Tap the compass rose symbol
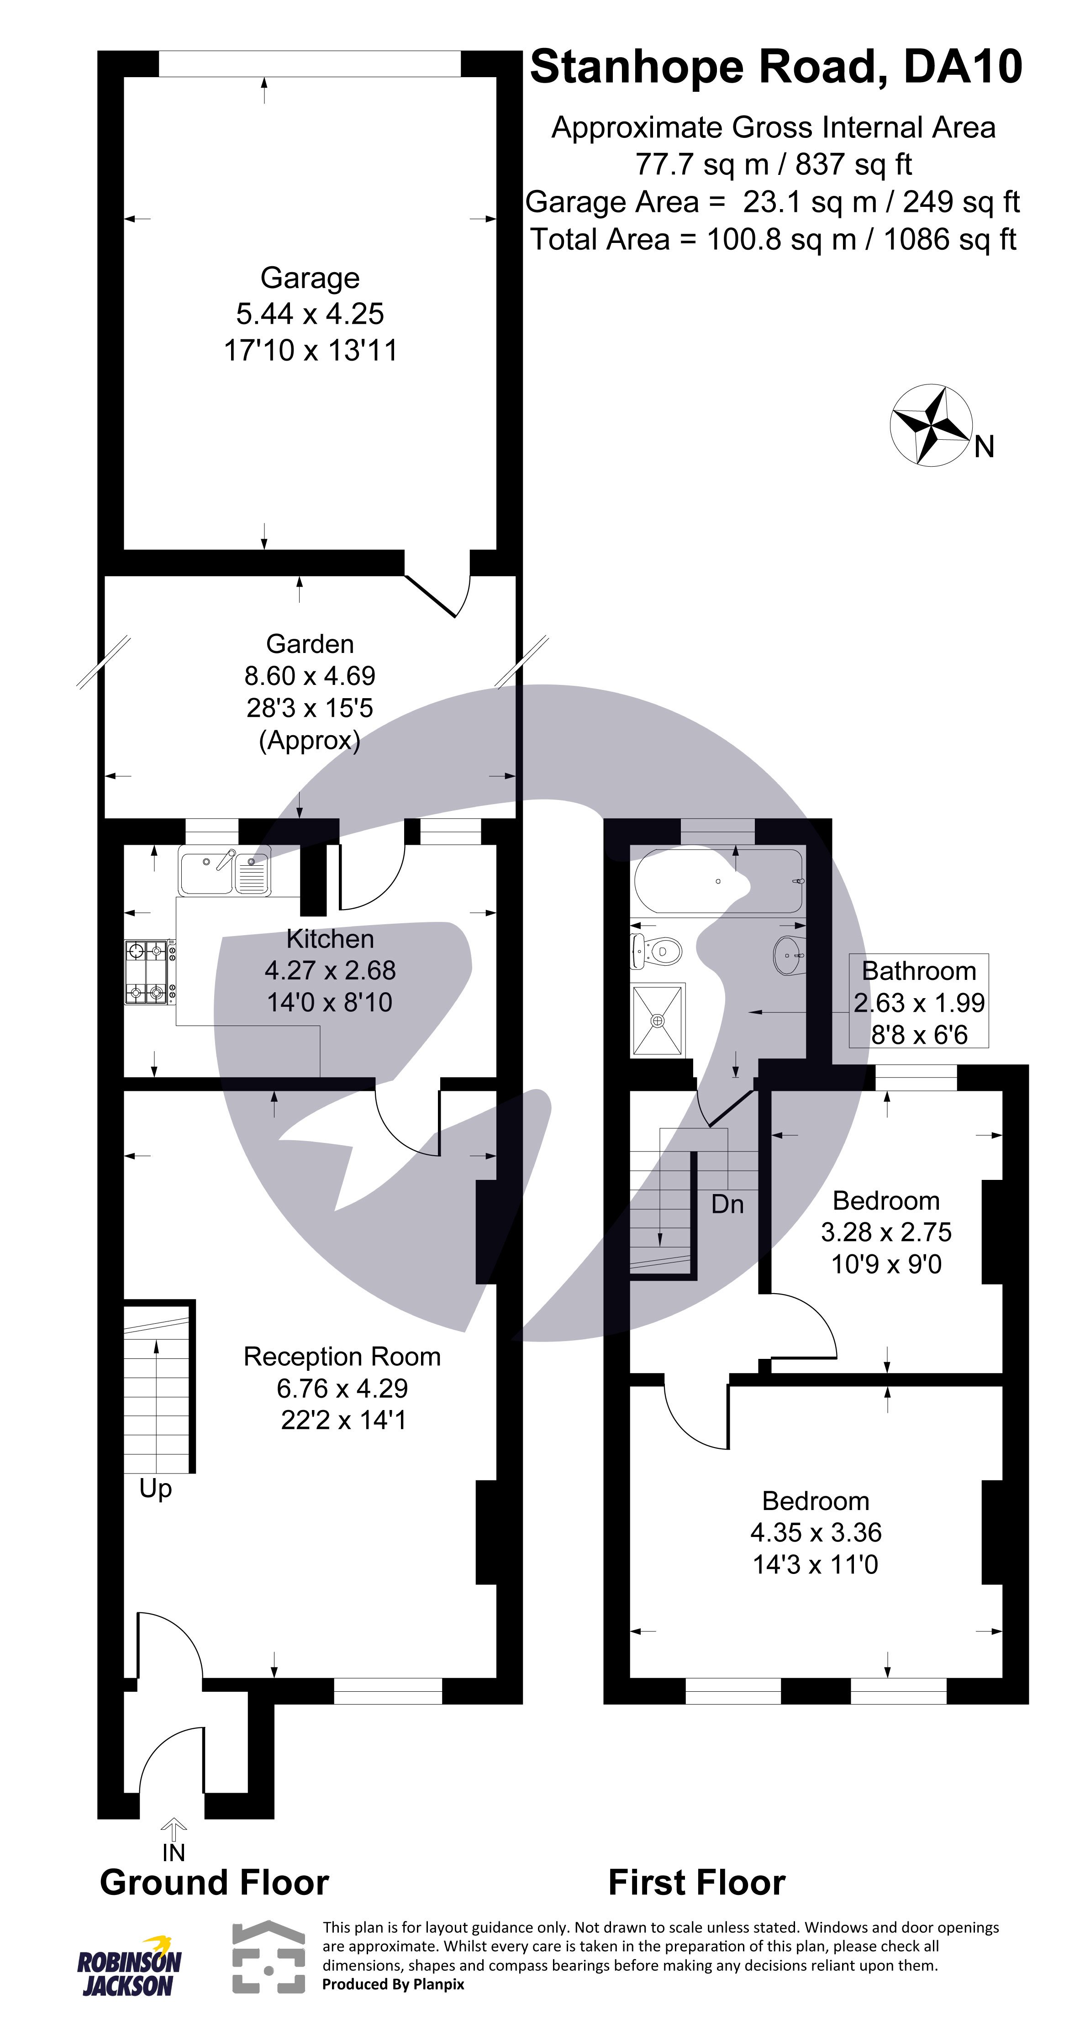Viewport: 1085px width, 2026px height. [930, 425]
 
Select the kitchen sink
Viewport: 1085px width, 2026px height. [224, 871]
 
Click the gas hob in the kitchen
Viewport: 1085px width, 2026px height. [149, 972]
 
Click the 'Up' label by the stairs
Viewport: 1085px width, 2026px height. [155, 1489]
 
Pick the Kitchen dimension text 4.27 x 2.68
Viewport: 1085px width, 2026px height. [330, 970]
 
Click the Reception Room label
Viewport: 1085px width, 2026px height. [342, 1357]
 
